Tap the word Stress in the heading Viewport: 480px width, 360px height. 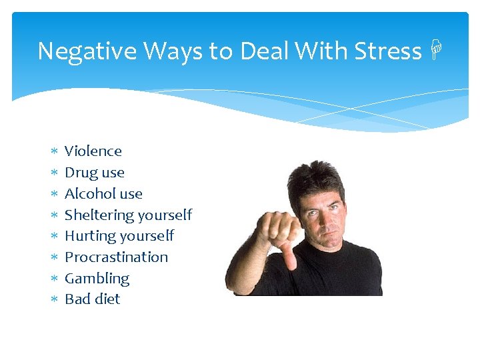388,51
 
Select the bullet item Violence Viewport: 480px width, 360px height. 93,151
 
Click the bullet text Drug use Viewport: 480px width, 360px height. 94,173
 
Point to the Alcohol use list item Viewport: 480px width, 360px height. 103,194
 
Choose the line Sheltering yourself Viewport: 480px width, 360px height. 128,215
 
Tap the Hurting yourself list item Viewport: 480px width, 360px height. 119,236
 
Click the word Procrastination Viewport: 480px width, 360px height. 116,257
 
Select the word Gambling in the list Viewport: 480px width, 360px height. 97,279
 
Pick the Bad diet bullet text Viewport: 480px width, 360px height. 92,299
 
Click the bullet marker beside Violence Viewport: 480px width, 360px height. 55,152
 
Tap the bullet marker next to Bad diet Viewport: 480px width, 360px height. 55,300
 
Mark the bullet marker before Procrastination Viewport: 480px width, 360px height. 55,257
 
